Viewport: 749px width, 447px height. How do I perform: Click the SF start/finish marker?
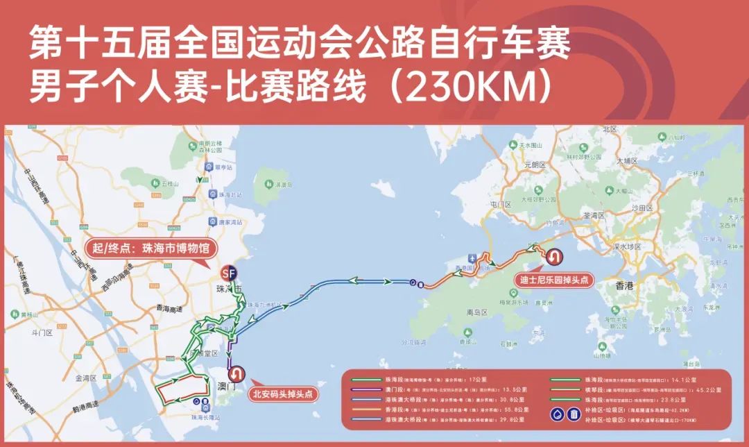tap(227, 272)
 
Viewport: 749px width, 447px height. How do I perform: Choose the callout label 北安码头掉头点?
tap(281, 394)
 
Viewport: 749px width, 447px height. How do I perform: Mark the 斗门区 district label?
tap(42, 333)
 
